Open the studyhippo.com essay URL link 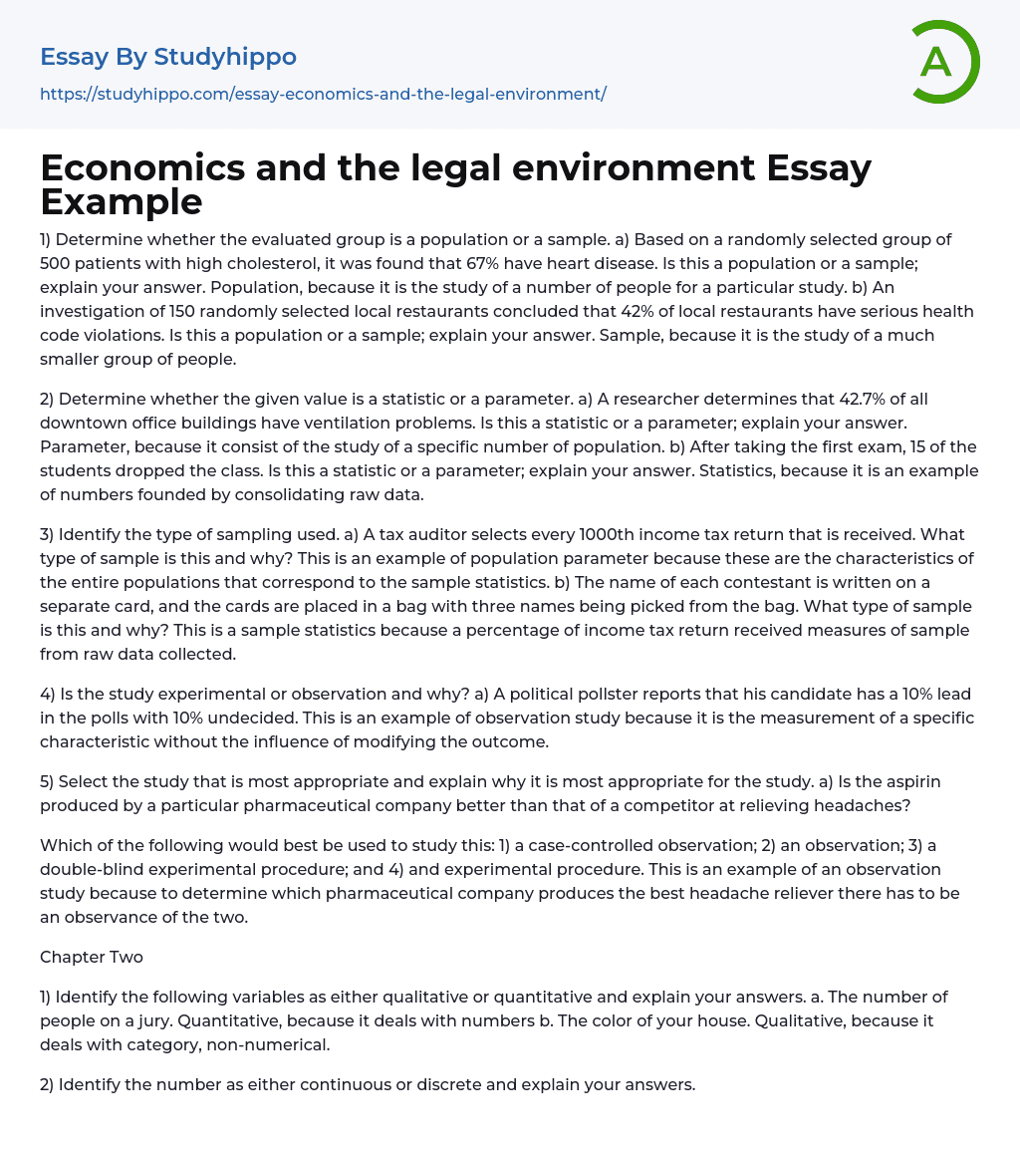(x=323, y=94)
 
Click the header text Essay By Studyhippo (x=168, y=57)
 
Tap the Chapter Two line (x=92, y=957)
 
